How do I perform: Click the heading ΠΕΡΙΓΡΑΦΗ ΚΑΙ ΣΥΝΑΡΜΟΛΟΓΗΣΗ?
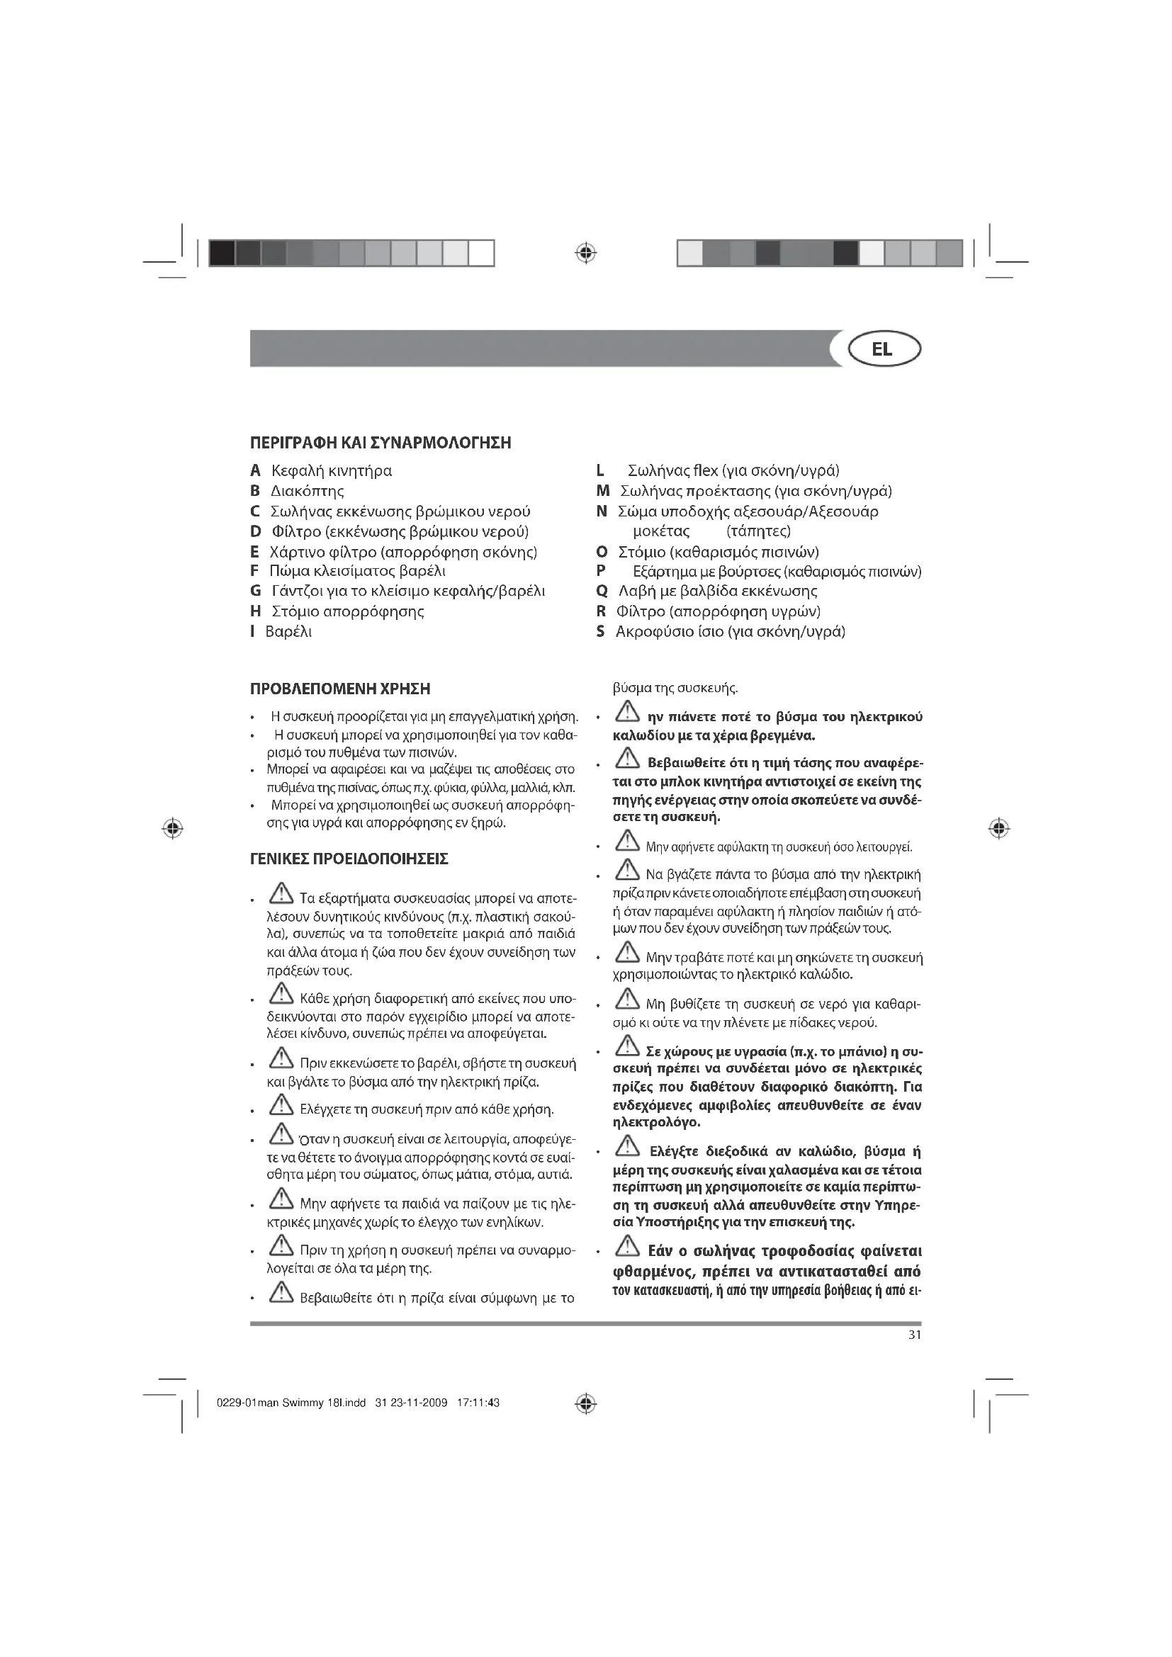point(381,442)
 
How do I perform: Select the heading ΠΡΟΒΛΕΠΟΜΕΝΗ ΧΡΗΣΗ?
point(340,689)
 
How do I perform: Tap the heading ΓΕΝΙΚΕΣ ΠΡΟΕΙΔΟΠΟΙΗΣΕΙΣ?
point(349,859)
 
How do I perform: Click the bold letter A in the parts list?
point(255,471)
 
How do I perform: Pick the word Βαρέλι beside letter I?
point(288,632)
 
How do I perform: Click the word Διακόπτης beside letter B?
point(308,492)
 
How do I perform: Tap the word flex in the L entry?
point(705,471)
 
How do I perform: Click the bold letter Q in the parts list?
point(601,592)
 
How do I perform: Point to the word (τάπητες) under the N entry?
point(758,532)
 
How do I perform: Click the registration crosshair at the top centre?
point(586,254)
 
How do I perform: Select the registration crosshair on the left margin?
point(171,829)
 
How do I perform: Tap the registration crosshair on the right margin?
point(999,829)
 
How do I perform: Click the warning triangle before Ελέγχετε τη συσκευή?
point(281,1104)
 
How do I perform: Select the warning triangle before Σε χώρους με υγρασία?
point(628,1045)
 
